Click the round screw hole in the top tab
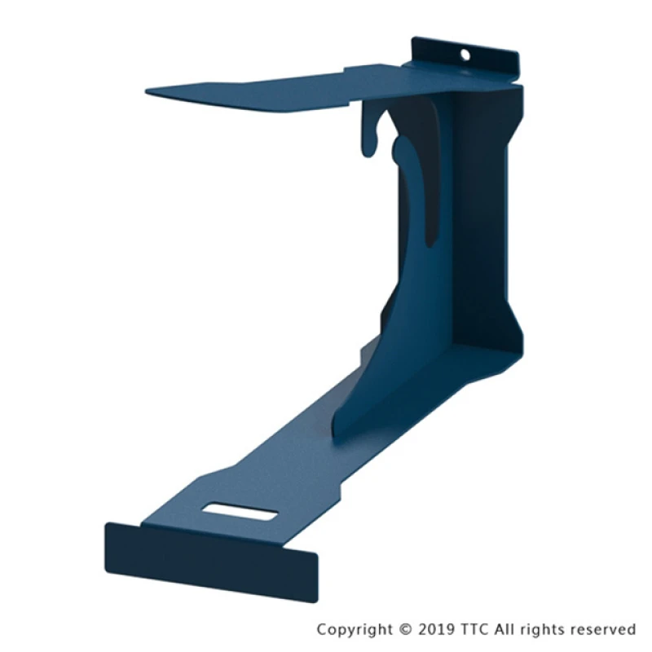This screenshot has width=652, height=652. click(465, 55)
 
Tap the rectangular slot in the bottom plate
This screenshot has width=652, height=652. click(240, 512)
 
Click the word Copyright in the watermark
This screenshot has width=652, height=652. click(355, 629)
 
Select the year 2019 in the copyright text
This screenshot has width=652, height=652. click(436, 628)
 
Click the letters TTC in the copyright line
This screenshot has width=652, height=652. click(474, 628)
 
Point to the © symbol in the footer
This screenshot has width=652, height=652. click(405, 629)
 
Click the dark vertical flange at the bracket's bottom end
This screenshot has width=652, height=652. click(211, 562)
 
